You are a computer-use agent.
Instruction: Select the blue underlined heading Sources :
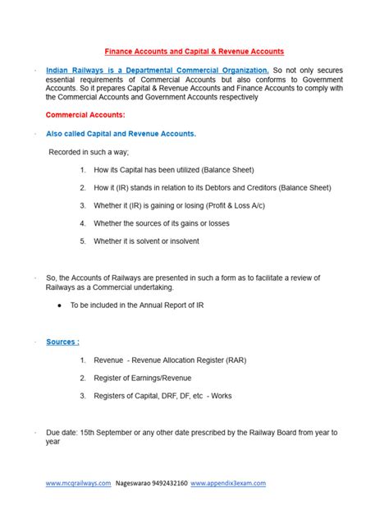pos(63,341)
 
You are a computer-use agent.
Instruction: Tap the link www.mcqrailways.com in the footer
pos(78,484)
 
